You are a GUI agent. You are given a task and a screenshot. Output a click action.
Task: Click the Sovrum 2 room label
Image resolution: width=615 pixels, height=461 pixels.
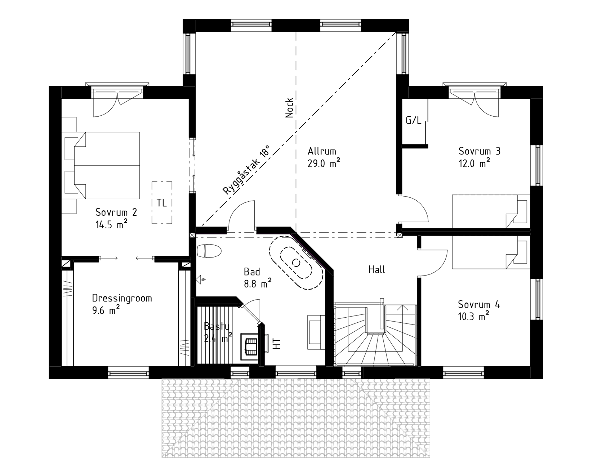[116, 212]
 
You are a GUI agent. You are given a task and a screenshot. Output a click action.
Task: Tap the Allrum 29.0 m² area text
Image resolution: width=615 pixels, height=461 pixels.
[324, 157]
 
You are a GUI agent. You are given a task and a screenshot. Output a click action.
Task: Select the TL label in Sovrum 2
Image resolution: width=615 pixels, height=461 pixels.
[162, 203]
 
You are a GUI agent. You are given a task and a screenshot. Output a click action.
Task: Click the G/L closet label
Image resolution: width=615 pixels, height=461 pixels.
[413, 120]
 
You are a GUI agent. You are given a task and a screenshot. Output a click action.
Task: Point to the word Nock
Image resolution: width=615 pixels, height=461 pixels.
[289, 108]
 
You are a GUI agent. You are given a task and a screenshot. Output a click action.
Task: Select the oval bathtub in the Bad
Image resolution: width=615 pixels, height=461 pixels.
[296, 262]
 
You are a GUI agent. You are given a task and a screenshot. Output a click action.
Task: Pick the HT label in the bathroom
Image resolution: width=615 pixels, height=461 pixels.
[277, 344]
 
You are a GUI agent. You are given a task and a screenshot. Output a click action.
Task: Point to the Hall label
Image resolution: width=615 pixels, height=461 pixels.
[376, 269]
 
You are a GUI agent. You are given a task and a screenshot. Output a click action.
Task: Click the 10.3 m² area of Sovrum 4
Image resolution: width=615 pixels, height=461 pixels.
[473, 317]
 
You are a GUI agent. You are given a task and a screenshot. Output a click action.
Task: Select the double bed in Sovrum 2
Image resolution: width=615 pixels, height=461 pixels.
[101, 165]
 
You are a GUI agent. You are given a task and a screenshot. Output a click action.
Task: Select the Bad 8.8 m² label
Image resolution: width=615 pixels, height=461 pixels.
[257, 277]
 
